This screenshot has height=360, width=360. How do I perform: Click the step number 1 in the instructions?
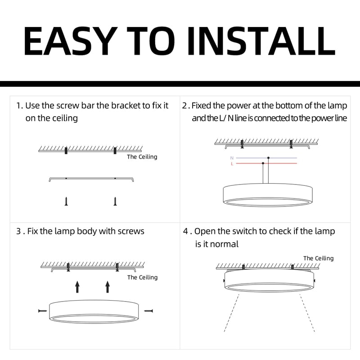click(18, 106)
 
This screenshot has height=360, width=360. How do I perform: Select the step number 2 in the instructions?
click(185, 106)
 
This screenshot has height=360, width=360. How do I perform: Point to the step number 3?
click(18, 231)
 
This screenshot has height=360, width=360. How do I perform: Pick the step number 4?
click(185, 231)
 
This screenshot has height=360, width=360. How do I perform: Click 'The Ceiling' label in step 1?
click(142, 157)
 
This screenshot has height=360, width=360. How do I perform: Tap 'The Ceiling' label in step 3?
click(142, 278)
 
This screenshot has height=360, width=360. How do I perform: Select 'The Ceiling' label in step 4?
click(318, 258)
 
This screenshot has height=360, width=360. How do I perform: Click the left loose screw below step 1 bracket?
click(66, 201)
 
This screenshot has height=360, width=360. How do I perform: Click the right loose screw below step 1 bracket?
click(115, 201)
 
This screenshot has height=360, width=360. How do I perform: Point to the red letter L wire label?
click(232, 164)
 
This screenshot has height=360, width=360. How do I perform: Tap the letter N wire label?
click(232, 158)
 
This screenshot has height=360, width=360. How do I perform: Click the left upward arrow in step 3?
click(77, 287)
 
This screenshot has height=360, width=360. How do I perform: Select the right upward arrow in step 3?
click(107, 287)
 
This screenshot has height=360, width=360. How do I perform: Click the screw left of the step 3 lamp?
click(42, 310)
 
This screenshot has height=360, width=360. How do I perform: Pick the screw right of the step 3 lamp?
click(148, 310)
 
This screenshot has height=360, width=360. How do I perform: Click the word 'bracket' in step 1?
click(126, 106)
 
